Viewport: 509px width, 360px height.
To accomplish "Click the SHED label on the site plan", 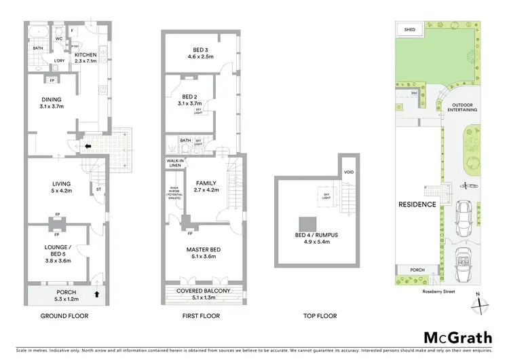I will [409, 30].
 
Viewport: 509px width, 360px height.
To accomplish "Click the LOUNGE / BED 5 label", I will [58, 249].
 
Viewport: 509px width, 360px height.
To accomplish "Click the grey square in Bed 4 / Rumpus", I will [308, 223].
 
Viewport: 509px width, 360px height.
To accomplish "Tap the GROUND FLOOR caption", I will [64, 316].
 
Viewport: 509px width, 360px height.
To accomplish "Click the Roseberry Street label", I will [437, 291].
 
